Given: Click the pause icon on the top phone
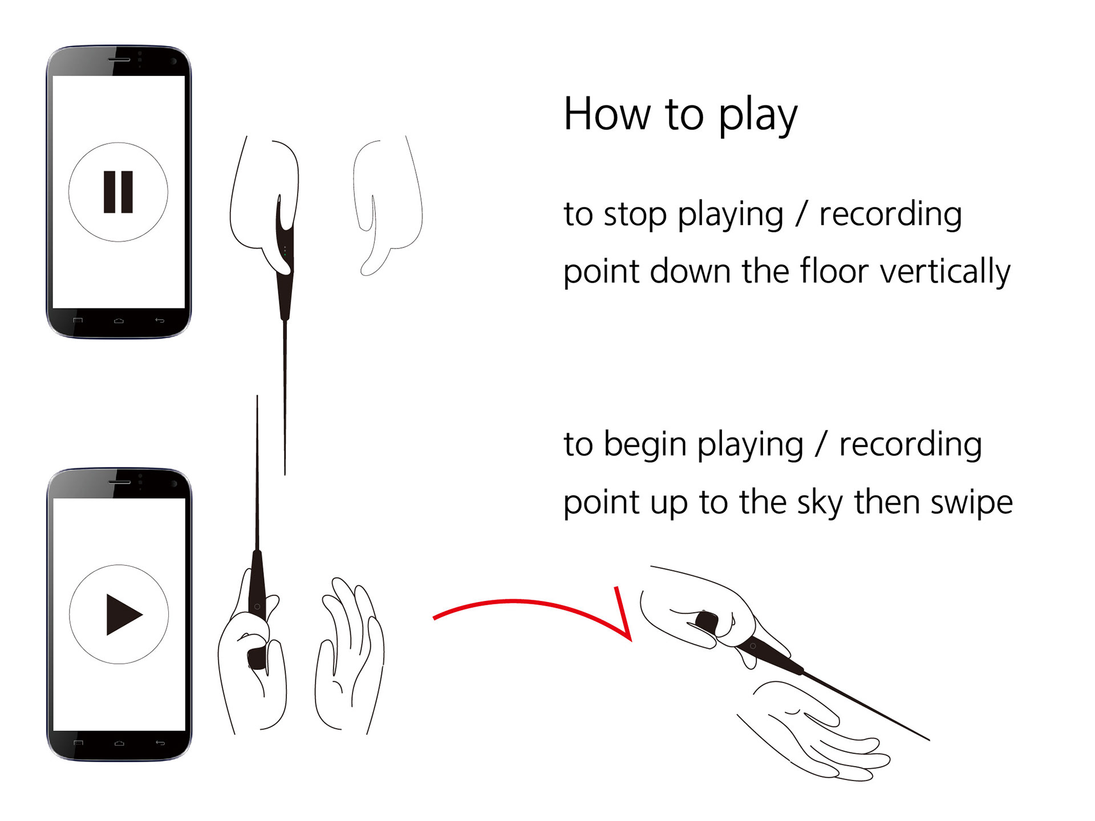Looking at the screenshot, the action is click(x=118, y=192).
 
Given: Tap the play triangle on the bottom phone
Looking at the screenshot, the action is click(x=122, y=614).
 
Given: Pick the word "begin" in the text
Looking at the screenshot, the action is click(x=644, y=445).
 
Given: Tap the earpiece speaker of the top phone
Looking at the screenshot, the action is click(x=119, y=59).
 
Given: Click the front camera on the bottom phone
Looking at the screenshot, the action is click(x=174, y=484).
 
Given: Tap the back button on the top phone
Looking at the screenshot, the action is click(x=160, y=320).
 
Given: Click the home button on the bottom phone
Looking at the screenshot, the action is click(x=119, y=743).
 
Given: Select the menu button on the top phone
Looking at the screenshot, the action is click(x=78, y=320).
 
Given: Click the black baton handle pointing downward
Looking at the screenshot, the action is click(x=285, y=285).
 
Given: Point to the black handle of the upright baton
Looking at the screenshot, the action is click(x=257, y=587).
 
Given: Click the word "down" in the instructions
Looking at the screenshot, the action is click(x=690, y=271).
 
